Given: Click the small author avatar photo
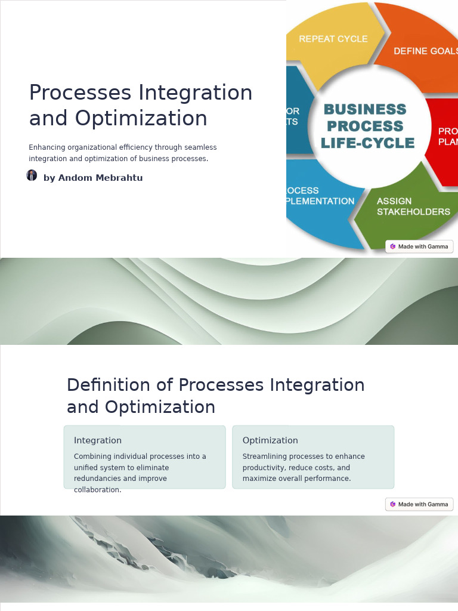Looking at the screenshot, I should (x=32, y=175).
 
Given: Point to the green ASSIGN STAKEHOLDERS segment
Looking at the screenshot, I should (x=411, y=209).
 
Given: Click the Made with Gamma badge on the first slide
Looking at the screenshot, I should (x=419, y=246).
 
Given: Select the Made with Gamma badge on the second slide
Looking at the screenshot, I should (x=419, y=504).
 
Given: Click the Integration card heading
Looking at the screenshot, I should (x=98, y=440).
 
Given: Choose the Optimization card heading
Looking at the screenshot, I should (x=270, y=440).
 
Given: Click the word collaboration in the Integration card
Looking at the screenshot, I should (x=97, y=490).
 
